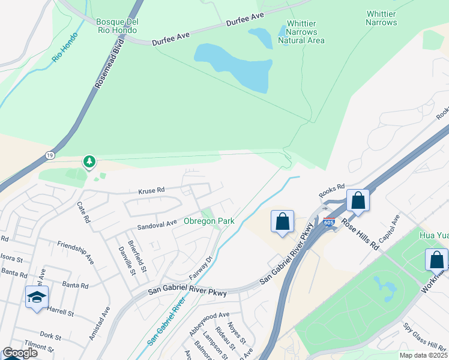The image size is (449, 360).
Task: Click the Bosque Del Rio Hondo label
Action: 118,27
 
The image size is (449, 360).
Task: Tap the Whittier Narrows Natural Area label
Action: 301,32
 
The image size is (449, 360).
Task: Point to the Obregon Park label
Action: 209,221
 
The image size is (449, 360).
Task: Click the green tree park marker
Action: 89,161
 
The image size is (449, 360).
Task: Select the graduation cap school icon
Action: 37,297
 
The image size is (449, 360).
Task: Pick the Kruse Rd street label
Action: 151,191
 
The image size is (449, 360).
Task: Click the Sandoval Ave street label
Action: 157,224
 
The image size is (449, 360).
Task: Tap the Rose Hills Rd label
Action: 360,233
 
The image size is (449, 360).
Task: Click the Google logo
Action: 20,353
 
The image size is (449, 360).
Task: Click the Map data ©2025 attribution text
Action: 423,355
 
